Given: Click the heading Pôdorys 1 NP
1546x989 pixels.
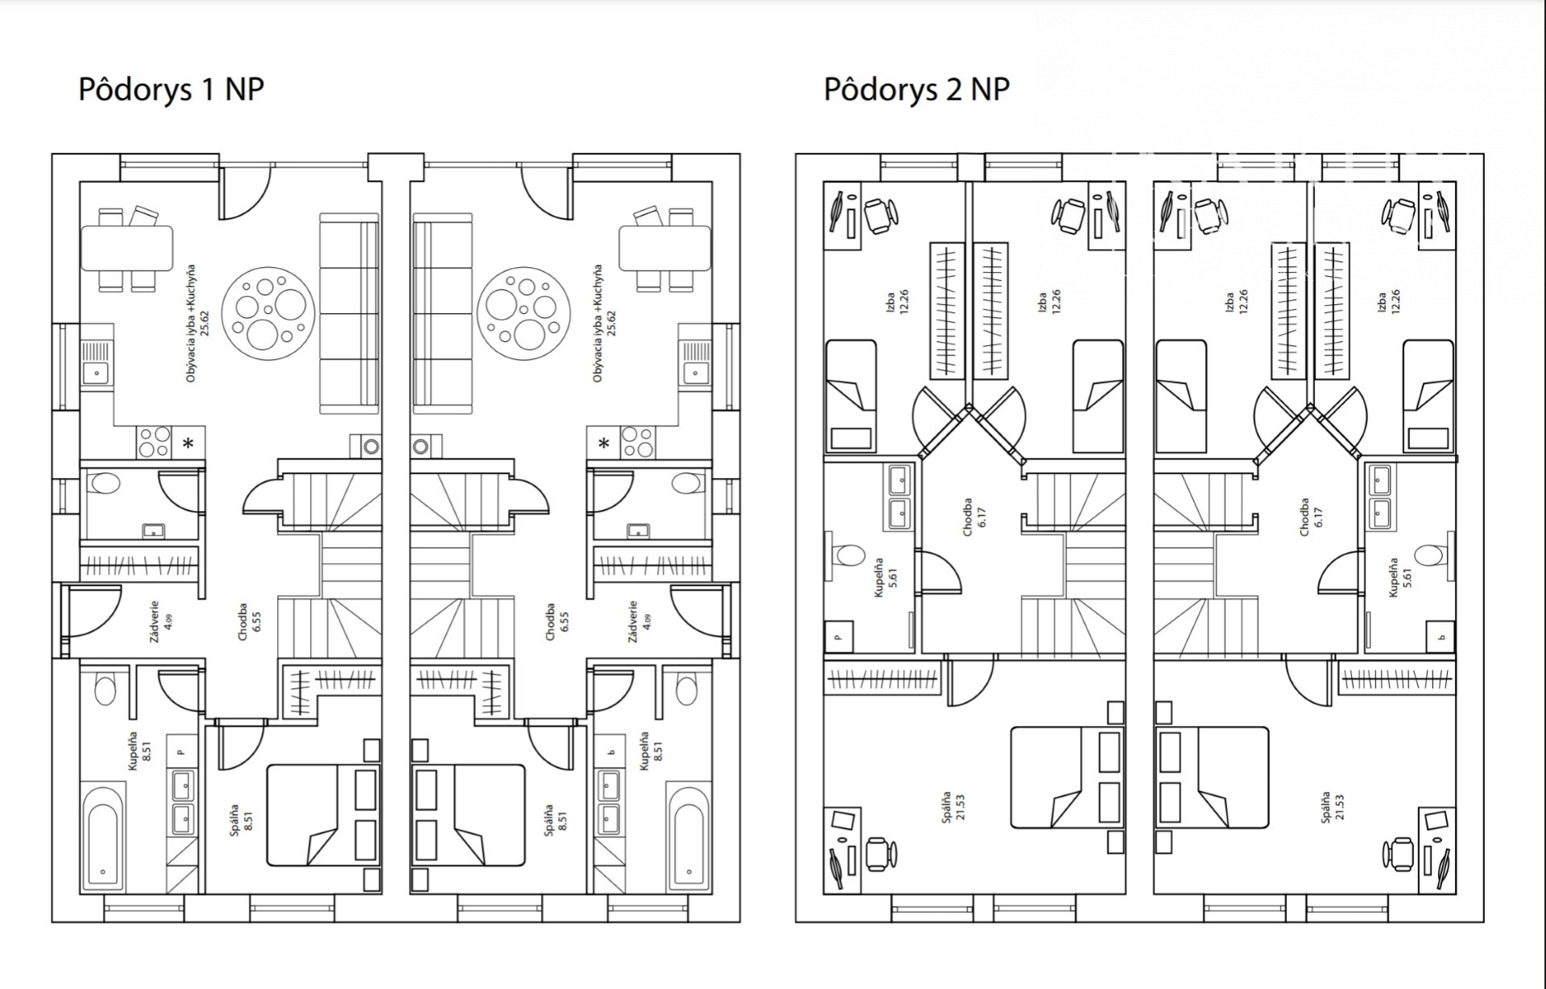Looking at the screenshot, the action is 171,89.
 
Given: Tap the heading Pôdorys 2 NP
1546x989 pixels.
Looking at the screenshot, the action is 916,89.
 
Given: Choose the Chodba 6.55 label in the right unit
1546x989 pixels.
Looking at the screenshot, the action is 556,621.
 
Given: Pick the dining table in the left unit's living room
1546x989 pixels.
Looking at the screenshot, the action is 127,248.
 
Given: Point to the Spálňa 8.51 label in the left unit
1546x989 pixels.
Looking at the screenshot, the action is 240,818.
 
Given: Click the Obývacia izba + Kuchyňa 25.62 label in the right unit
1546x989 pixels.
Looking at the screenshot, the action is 603,323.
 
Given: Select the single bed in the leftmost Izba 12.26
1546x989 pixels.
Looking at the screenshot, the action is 851,395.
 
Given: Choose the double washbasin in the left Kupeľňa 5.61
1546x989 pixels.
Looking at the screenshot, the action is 899,497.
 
